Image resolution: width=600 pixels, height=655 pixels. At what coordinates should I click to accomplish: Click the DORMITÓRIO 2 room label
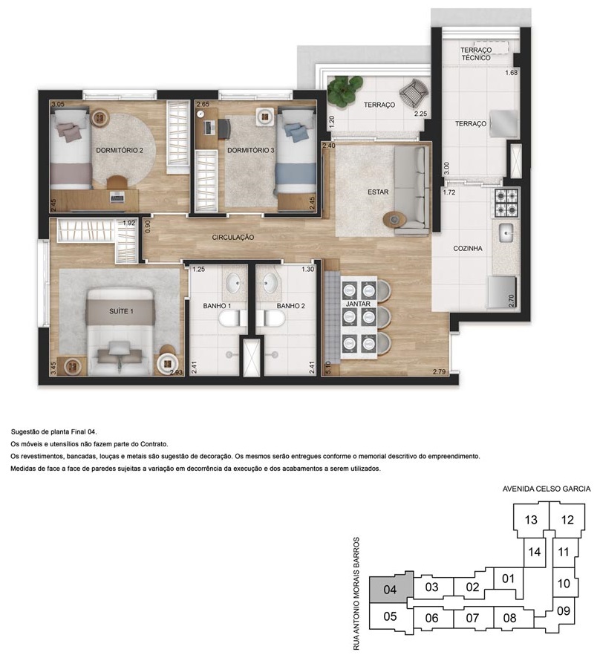click(x=120, y=150)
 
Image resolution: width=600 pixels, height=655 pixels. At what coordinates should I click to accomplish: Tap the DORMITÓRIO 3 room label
click(x=251, y=150)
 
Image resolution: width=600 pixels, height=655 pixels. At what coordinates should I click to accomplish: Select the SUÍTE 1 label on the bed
click(x=121, y=311)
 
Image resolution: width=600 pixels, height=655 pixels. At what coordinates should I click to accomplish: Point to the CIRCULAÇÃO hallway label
click(x=233, y=238)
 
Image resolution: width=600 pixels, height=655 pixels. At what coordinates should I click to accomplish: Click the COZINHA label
click(x=468, y=249)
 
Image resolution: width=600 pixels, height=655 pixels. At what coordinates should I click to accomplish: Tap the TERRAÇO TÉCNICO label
click(x=476, y=54)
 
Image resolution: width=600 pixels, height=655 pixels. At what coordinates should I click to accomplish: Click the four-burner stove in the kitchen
click(x=506, y=203)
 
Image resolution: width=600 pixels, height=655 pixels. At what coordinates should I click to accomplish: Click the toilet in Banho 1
click(x=229, y=320)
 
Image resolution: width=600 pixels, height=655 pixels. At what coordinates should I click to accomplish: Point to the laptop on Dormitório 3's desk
click(x=209, y=126)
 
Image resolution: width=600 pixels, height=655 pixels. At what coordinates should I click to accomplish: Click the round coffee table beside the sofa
click(x=394, y=219)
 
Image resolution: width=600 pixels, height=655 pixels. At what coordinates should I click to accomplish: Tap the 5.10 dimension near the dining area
click(x=327, y=368)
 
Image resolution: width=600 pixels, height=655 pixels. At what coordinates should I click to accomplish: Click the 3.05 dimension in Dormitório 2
click(x=58, y=105)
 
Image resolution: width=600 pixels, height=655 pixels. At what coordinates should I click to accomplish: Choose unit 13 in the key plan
click(x=531, y=520)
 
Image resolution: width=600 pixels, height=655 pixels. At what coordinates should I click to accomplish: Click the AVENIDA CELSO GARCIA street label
click(x=547, y=489)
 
